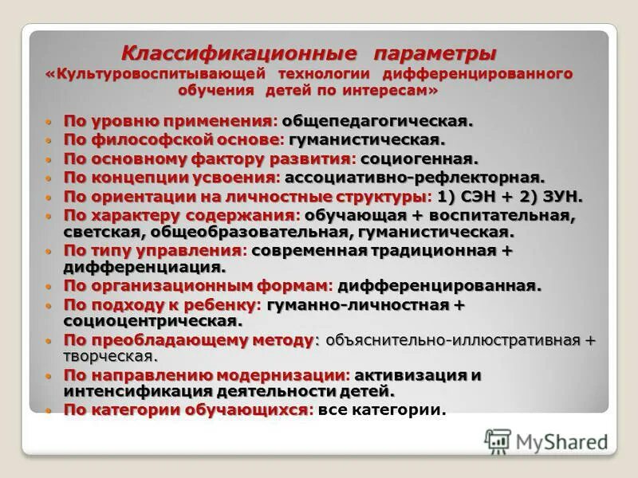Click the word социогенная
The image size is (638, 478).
[430, 159]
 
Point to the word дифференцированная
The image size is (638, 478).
[439, 285]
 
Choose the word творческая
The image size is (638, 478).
[111, 356]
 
